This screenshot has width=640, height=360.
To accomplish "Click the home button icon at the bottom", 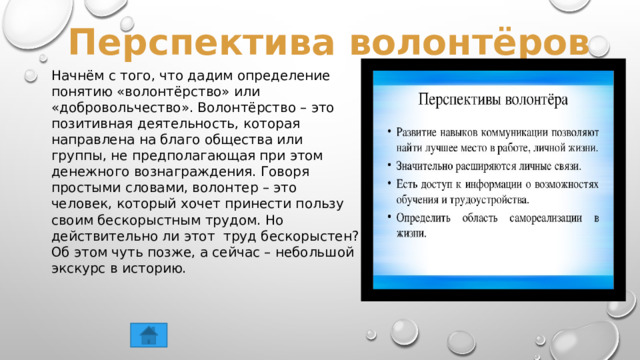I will (148, 334).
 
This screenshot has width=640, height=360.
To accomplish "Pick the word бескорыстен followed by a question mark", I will (306, 235).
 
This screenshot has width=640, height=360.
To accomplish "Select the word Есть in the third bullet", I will (408, 184).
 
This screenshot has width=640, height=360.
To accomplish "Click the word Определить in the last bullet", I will (427, 217).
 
